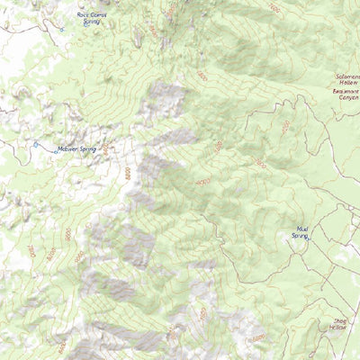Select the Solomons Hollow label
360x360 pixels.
347,81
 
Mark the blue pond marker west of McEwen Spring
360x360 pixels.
35,144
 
